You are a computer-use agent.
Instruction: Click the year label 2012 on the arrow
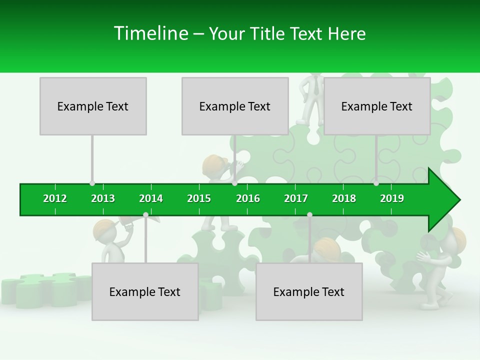[x=55, y=198]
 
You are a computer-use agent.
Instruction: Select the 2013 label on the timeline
[x=103, y=198]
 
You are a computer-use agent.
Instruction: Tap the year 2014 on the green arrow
[x=151, y=198]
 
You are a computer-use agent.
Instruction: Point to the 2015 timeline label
[x=199, y=198]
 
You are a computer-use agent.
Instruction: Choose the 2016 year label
[x=248, y=198]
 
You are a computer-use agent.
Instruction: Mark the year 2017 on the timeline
[x=296, y=198]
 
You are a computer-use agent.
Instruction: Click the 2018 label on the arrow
[x=344, y=198]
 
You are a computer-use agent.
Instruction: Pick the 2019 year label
[x=392, y=198]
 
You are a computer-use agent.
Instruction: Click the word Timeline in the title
[x=150, y=33]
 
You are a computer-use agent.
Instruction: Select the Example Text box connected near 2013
[x=93, y=106]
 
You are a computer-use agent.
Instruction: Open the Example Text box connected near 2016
[x=235, y=106]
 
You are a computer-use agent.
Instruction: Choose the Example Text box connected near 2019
[x=377, y=106]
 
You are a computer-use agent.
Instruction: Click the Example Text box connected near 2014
[x=145, y=291]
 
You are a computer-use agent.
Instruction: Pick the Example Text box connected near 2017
[x=309, y=291]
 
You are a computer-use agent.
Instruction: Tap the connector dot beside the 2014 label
[x=145, y=214]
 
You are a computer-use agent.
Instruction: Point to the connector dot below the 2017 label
[x=309, y=214]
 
